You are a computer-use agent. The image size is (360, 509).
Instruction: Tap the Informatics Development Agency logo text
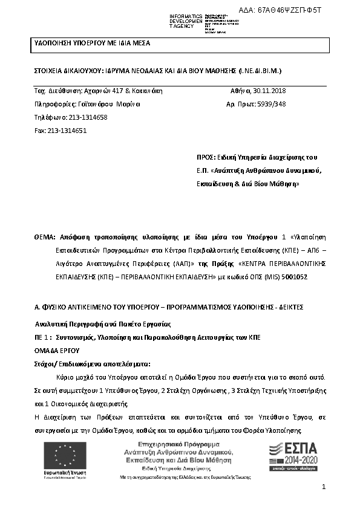pos(185,21)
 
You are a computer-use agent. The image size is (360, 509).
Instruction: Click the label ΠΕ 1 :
pos(43,336)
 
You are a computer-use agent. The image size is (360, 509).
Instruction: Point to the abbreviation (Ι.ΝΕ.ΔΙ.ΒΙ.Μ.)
pos(255,71)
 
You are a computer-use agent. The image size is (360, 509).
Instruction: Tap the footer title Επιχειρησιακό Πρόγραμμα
pos(170,444)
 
